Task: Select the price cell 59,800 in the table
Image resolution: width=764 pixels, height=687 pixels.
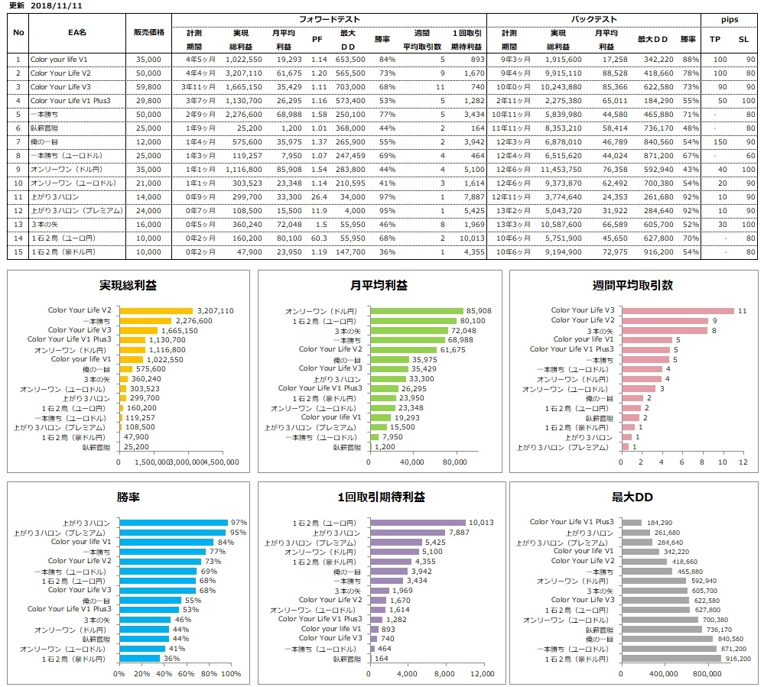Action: [148, 87]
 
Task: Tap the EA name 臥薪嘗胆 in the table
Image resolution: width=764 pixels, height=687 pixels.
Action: [44, 128]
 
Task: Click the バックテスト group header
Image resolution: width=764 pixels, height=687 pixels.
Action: [593, 18]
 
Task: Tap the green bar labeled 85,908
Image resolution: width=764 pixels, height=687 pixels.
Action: [417, 311]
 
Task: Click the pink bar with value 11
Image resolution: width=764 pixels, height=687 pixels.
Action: [676, 311]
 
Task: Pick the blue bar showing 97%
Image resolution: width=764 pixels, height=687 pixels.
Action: [174, 523]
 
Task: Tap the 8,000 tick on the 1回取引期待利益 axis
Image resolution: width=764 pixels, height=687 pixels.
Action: [445, 674]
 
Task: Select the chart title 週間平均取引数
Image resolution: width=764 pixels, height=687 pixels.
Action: [632, 285]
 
